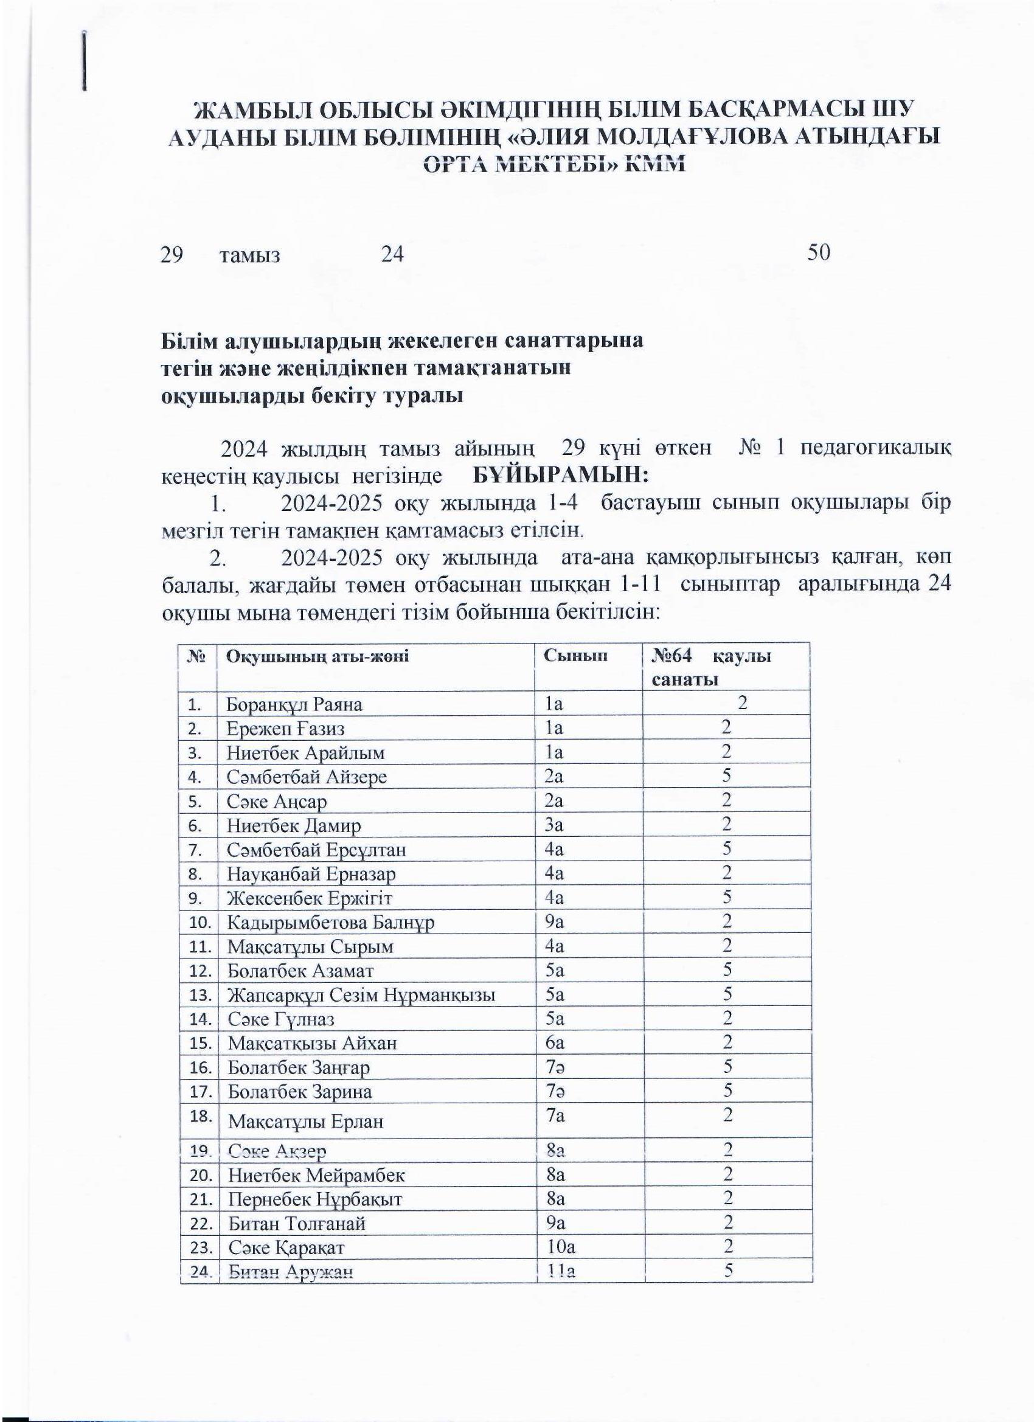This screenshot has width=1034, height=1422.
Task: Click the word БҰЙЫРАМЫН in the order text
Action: point(560,475)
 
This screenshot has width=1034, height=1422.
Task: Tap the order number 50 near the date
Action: point(819,252)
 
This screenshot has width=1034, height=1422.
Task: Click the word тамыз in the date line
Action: point(249,256)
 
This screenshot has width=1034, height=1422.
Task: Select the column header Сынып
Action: point(575,656)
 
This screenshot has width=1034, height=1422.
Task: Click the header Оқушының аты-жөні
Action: point(317,656)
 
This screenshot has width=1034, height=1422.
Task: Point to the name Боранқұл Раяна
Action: point(294,705)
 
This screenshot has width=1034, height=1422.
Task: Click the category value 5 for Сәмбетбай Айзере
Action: point(726,776)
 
